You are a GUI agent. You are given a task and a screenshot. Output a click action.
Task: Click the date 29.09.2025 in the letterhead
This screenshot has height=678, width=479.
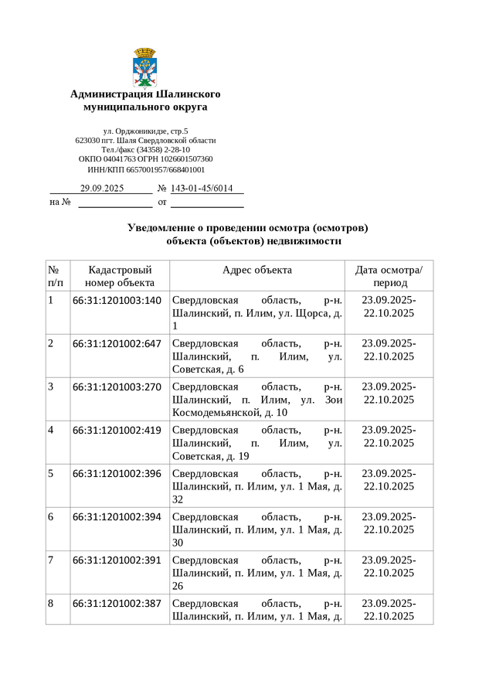102,189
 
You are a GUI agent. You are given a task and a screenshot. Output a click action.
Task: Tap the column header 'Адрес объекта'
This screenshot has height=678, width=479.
256,270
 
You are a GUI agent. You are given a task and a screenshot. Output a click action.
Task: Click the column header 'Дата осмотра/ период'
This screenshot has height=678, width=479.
389,276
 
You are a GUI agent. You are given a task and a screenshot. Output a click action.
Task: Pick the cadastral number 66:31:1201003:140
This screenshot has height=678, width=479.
117,301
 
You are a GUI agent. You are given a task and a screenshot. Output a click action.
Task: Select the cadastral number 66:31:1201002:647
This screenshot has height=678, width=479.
117,344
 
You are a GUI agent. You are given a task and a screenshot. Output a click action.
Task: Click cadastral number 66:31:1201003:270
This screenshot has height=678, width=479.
117,387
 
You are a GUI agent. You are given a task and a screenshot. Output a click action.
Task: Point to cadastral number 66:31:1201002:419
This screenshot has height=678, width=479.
117,431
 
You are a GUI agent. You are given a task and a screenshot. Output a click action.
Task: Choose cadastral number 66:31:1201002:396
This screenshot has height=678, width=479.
117,474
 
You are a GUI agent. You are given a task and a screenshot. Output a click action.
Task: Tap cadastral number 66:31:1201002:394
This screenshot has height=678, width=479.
117,517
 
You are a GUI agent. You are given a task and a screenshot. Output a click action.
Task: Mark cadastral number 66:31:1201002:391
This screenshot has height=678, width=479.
117,560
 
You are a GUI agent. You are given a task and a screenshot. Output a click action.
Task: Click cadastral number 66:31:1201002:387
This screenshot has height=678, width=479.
117,604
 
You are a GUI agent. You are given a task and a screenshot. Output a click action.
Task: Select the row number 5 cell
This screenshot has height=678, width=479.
52,474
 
